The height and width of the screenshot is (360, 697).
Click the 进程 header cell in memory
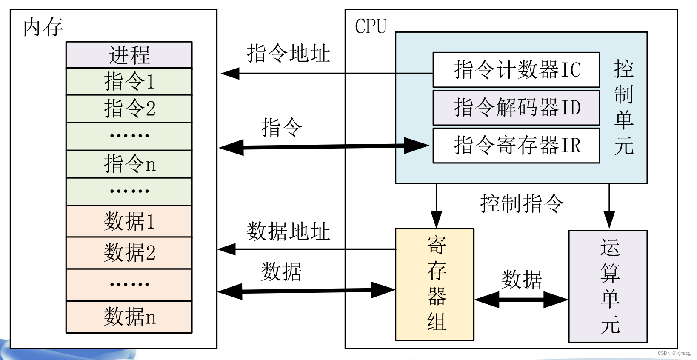[x=129, y=55]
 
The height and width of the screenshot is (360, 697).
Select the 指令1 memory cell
[x=129, y=81]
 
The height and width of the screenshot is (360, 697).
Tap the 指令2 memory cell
[x=129, y=108]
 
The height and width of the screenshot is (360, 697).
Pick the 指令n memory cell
[x=129, y=163]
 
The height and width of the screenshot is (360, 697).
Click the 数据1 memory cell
[x=129, y=221]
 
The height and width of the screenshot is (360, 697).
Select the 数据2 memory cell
[x=129, y=252]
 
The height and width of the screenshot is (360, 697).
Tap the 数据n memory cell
[x=129, y=317]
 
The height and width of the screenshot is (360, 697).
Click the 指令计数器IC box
[x=516, y=69]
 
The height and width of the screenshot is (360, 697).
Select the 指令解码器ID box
[x=516, y=107]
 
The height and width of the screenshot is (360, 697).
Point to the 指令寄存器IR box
[x=516, y=145]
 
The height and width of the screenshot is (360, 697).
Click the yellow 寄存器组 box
[x=434, y=284]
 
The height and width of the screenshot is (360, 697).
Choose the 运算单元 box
[x=608, y=286]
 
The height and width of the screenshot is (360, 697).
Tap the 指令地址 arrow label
[x=288, y=54]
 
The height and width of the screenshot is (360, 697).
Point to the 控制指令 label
[x=522, y=203]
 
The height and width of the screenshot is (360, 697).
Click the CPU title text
[x=370, y=26]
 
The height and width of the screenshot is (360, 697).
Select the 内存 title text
[x=43, y=27]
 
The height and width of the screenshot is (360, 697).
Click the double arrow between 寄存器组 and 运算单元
[x=521, y=300]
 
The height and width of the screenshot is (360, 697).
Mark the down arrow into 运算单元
[x=609, y=206]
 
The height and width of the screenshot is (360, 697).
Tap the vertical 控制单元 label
[x=623, y=107]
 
